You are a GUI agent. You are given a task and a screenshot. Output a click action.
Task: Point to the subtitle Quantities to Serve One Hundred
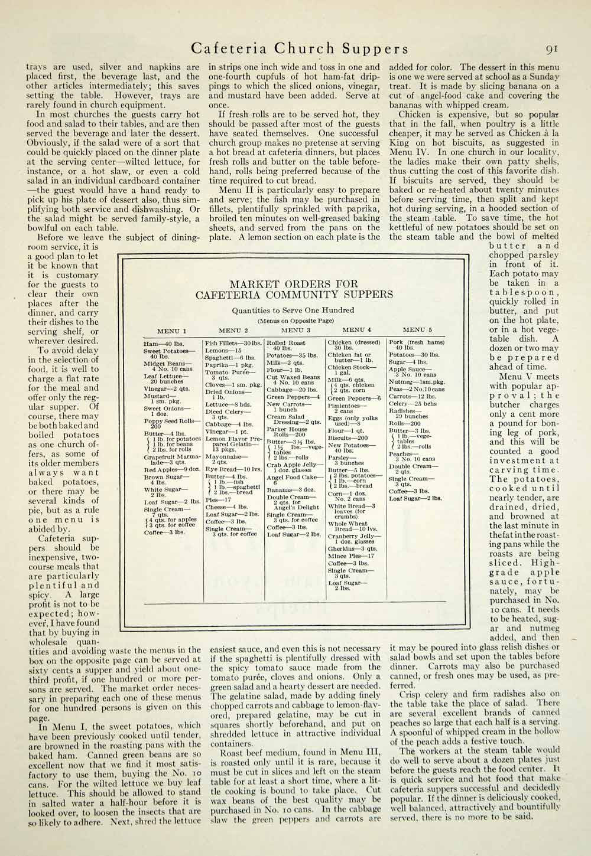[293, 309]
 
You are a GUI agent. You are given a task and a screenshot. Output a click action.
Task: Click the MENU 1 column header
[171, 331]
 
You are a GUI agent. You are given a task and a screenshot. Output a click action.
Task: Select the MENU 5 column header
[417, 331]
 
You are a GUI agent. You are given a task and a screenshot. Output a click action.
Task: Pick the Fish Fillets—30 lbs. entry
[233, 342]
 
